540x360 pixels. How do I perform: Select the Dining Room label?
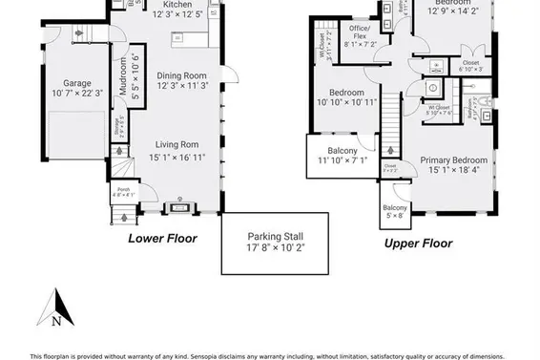182,75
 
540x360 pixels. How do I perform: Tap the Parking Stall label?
276,235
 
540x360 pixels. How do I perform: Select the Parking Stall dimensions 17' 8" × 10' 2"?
276,246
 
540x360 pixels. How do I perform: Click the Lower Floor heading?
162,238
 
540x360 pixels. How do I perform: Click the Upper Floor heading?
418,243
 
